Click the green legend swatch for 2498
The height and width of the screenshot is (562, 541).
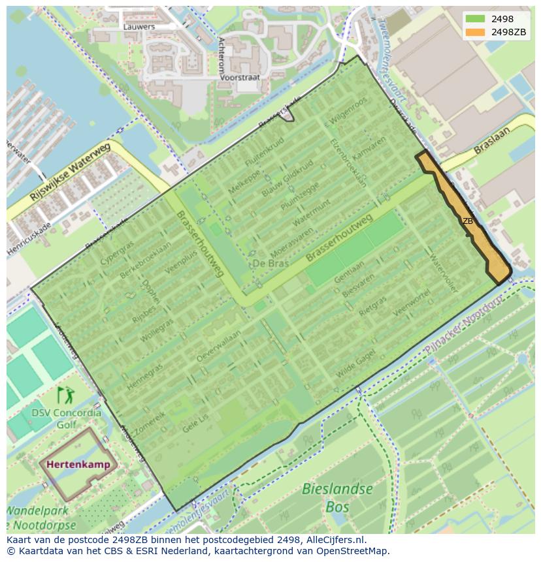476,19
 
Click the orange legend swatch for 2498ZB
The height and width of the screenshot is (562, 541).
476,32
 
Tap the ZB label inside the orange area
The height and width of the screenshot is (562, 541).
468,221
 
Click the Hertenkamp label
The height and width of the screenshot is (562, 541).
78,465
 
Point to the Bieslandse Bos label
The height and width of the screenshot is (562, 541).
337,497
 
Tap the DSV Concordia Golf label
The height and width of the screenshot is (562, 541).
66,419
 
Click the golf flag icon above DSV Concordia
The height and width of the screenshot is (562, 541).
65,395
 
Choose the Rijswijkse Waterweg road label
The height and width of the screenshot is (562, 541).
71,173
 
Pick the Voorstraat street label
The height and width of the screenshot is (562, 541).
240,77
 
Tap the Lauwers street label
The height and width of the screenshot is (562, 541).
139,27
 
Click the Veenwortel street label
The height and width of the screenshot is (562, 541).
412,304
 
